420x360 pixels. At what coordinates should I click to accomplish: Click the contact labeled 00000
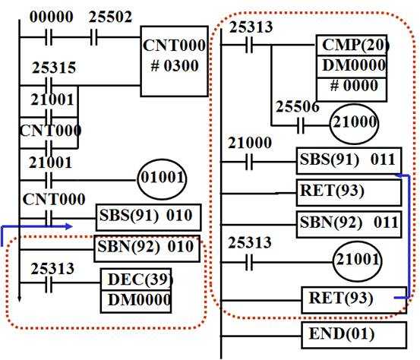pyautogui.click(x=49, y=37)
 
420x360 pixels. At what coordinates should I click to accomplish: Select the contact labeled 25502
pyautogui.click(x=93, y=37)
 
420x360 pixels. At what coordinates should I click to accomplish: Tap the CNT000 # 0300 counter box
pyautogui.click(x=175, y=61)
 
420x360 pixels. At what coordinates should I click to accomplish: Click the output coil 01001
pyautogui.click(x=162, y=179)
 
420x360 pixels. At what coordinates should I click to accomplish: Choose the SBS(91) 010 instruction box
pyautogui.click(x=148, y=217)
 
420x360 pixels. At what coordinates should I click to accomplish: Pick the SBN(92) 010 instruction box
pyautogui.click(x=147, y=248)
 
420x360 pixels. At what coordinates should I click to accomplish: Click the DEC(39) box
pyautogui.click(x=136, y=279)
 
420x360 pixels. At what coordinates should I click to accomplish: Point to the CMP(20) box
pyautogui.click(x=352, y=45)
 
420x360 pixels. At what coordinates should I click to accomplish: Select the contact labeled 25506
pyautogui.click(x=301, y=125)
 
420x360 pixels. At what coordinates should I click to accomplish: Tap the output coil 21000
pyautogui.click(x=354, y=125)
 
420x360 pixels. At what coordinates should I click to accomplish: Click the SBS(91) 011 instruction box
pyautogui.click(x=349, y=161)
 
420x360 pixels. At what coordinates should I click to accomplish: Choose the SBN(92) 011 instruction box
pyautogui.click(x=349, y=224)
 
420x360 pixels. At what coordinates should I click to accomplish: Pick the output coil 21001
pyautogui.click(x=357, y=261)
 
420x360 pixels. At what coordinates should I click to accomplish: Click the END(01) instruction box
pyautogui.click(x=354, y=335)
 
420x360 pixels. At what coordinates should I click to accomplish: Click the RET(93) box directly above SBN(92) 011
pyautogui.click(x=349, y=193)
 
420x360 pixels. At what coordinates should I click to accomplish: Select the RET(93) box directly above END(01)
pyautogui.click(x=354, y=300)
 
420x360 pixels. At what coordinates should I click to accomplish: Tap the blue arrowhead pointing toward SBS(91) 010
pyautogui.click(x=69, y=226)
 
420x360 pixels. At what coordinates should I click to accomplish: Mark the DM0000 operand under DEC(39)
pyautogui.click(x=136, y=302)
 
